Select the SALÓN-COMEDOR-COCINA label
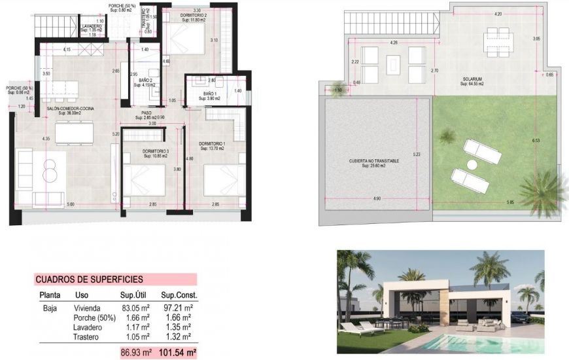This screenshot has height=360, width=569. [x=71, y=109]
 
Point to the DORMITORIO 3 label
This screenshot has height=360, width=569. [x=156, y=152]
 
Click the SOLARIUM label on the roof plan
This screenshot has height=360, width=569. [x=471, y=80]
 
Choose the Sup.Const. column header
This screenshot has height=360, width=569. [x=179, y=295]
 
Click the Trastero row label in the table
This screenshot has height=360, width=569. [x=86, y=336]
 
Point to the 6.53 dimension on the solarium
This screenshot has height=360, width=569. [x=536, y=141]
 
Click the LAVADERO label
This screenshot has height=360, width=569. [x=92, y=26]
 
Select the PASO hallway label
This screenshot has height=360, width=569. [x=147, y=113]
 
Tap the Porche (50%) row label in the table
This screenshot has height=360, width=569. [x=90, y=317]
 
